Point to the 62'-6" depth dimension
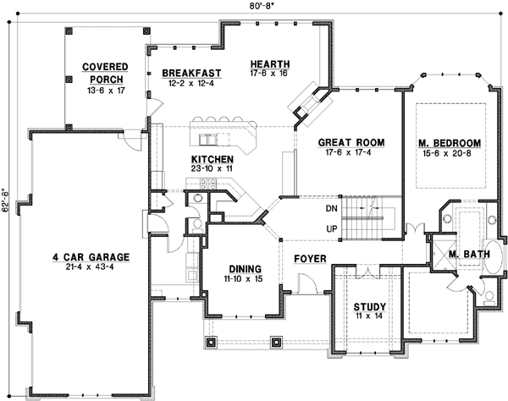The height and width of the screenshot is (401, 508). tap(7, 200)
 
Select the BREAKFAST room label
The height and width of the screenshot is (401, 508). tap(191, 74)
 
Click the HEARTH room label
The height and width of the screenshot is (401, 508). tap(270, 63)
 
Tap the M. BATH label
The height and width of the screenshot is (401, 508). tap(466, 254)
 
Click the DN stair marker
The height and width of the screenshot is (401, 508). tap(331, 208)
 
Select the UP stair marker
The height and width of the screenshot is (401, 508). tap(331, 229)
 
